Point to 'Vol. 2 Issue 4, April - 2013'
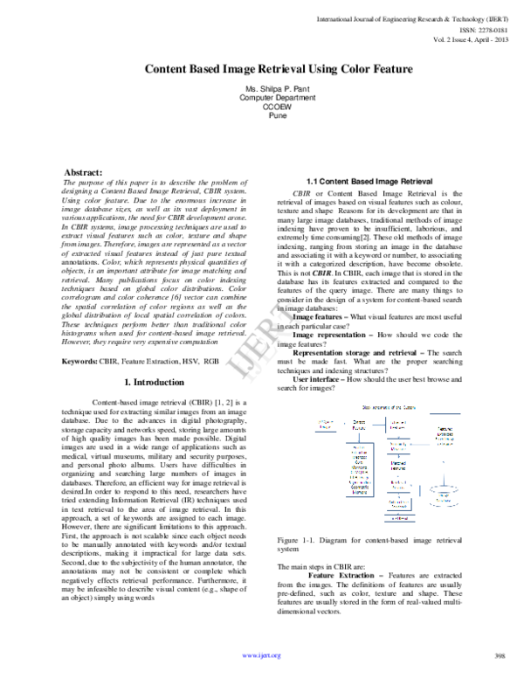[x=464, y=38]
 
